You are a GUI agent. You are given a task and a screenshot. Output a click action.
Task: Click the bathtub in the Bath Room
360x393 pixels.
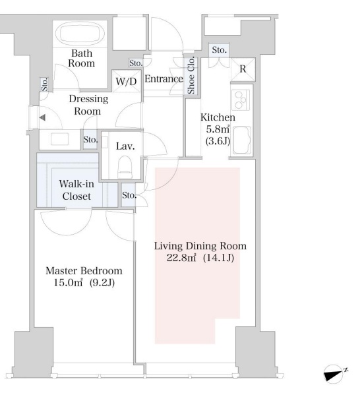[80, 34]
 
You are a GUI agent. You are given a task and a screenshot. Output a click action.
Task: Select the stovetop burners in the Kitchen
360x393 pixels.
[241, 100]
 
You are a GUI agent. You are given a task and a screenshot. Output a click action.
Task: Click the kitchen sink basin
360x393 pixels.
[242, 140]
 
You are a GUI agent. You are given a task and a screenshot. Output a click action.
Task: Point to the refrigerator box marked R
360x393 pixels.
[243, 69]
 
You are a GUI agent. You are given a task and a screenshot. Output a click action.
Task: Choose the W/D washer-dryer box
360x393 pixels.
[127, 81]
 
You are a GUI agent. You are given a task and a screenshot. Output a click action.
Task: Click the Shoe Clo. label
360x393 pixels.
[191, 75]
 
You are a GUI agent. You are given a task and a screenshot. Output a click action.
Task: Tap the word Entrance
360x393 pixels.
[164, 79]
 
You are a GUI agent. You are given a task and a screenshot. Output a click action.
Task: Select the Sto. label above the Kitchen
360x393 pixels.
[219, 50]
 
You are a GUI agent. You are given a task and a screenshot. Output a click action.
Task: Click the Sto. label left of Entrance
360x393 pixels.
[136, 63]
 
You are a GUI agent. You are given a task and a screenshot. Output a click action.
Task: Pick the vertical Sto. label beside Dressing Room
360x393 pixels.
[45, 84]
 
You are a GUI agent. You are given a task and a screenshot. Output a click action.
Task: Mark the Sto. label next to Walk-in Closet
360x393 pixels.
[129, 195]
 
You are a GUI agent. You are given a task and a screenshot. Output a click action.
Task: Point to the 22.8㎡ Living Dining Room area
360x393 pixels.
[181, 258]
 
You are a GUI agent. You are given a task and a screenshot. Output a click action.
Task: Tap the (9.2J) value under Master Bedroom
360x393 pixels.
[102, 283]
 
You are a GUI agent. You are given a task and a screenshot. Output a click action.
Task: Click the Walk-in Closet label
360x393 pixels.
[76, 190]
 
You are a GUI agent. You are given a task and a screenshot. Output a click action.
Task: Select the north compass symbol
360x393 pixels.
[334, 373]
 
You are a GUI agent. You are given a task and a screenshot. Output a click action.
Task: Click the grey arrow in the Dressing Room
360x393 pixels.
[42, 117]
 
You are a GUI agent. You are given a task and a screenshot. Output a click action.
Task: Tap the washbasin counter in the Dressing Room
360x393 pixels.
[59, 139]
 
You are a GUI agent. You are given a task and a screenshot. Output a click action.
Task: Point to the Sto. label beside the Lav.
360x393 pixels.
[90, 140]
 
